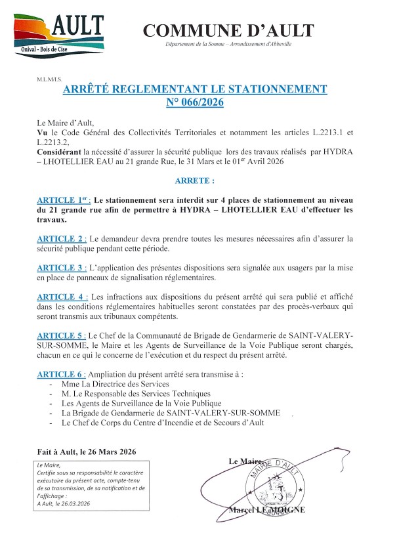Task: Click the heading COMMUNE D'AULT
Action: click(x=228, y=30)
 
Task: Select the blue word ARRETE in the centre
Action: click(x=194, y=180)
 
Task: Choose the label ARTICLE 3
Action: click(x=62, y=268)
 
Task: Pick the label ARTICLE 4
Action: click(x=62, y=297)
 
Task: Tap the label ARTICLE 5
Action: click(x=62, y=336)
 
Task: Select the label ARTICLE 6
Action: click(x=62, y=374)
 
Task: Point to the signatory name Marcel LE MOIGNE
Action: click(x=266, y=510)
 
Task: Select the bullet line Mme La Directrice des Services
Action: click(x=115, y=384)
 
